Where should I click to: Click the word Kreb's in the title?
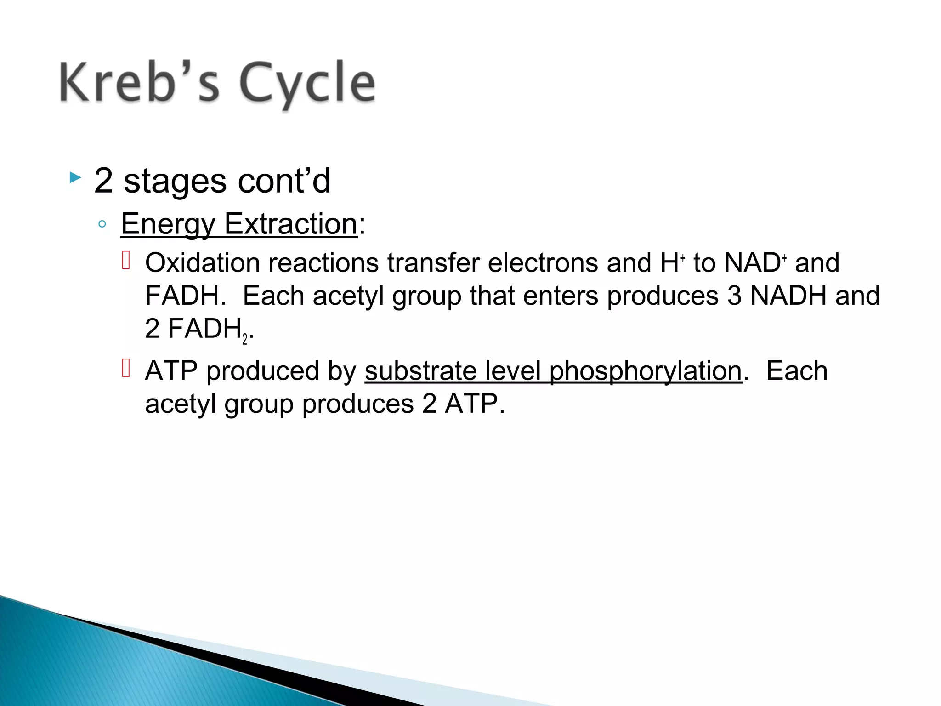coord(140,83)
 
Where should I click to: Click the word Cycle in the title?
coord(307,84)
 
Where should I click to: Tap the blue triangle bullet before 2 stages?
coord(75,178)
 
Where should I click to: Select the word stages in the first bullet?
coord(175,182)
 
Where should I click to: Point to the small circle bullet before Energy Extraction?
coord(102,224)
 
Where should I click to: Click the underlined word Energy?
coord(168,225)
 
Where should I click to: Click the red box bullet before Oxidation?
coord(126,260)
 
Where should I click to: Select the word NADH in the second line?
coord(788,296)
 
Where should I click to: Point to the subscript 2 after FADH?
coord(245,340)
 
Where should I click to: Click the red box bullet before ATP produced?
coord(126,368)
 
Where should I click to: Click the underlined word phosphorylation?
coord(646,372)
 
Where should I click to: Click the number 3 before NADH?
coord(734,296)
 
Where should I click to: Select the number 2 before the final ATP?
coord(429,404)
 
